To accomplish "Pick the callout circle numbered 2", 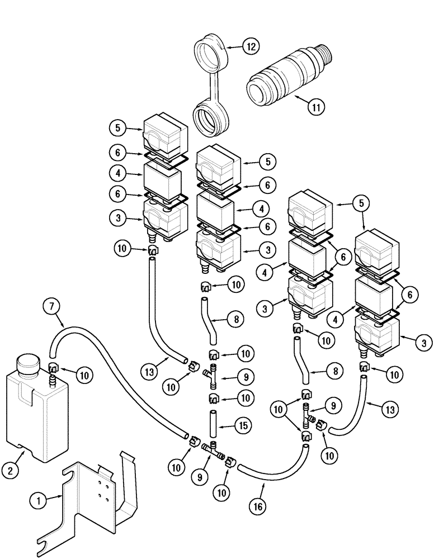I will coord(11,471).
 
